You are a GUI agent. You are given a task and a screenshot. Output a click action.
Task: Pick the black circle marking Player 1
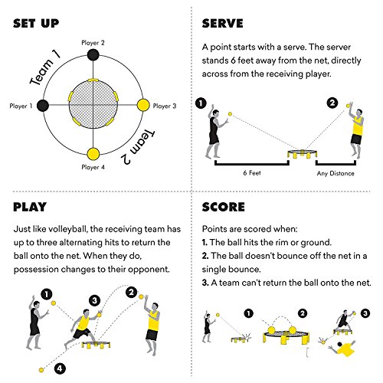coord(44,104)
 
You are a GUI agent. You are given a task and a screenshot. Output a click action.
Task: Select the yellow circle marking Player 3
coord(142,104)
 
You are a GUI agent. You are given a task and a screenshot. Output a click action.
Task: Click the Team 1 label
coord(44,67)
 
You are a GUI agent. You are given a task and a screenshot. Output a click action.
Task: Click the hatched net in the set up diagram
coord(93,104)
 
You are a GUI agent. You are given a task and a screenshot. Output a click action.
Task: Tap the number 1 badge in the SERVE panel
coord(201,103)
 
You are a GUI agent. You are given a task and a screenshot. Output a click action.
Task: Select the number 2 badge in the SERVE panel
coord(332,103)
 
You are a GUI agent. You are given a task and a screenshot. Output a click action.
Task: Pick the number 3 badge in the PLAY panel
coord(94,300)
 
